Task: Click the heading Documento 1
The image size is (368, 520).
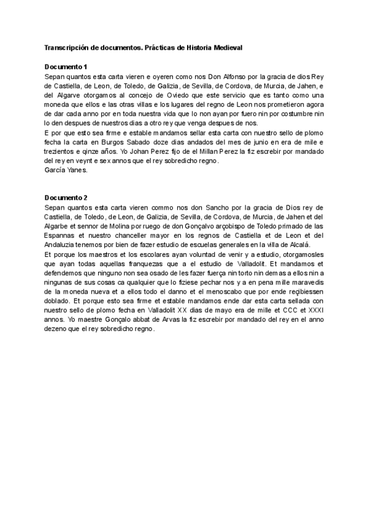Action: tap(66, 66)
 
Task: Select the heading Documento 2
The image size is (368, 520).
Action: tap(66, 197)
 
